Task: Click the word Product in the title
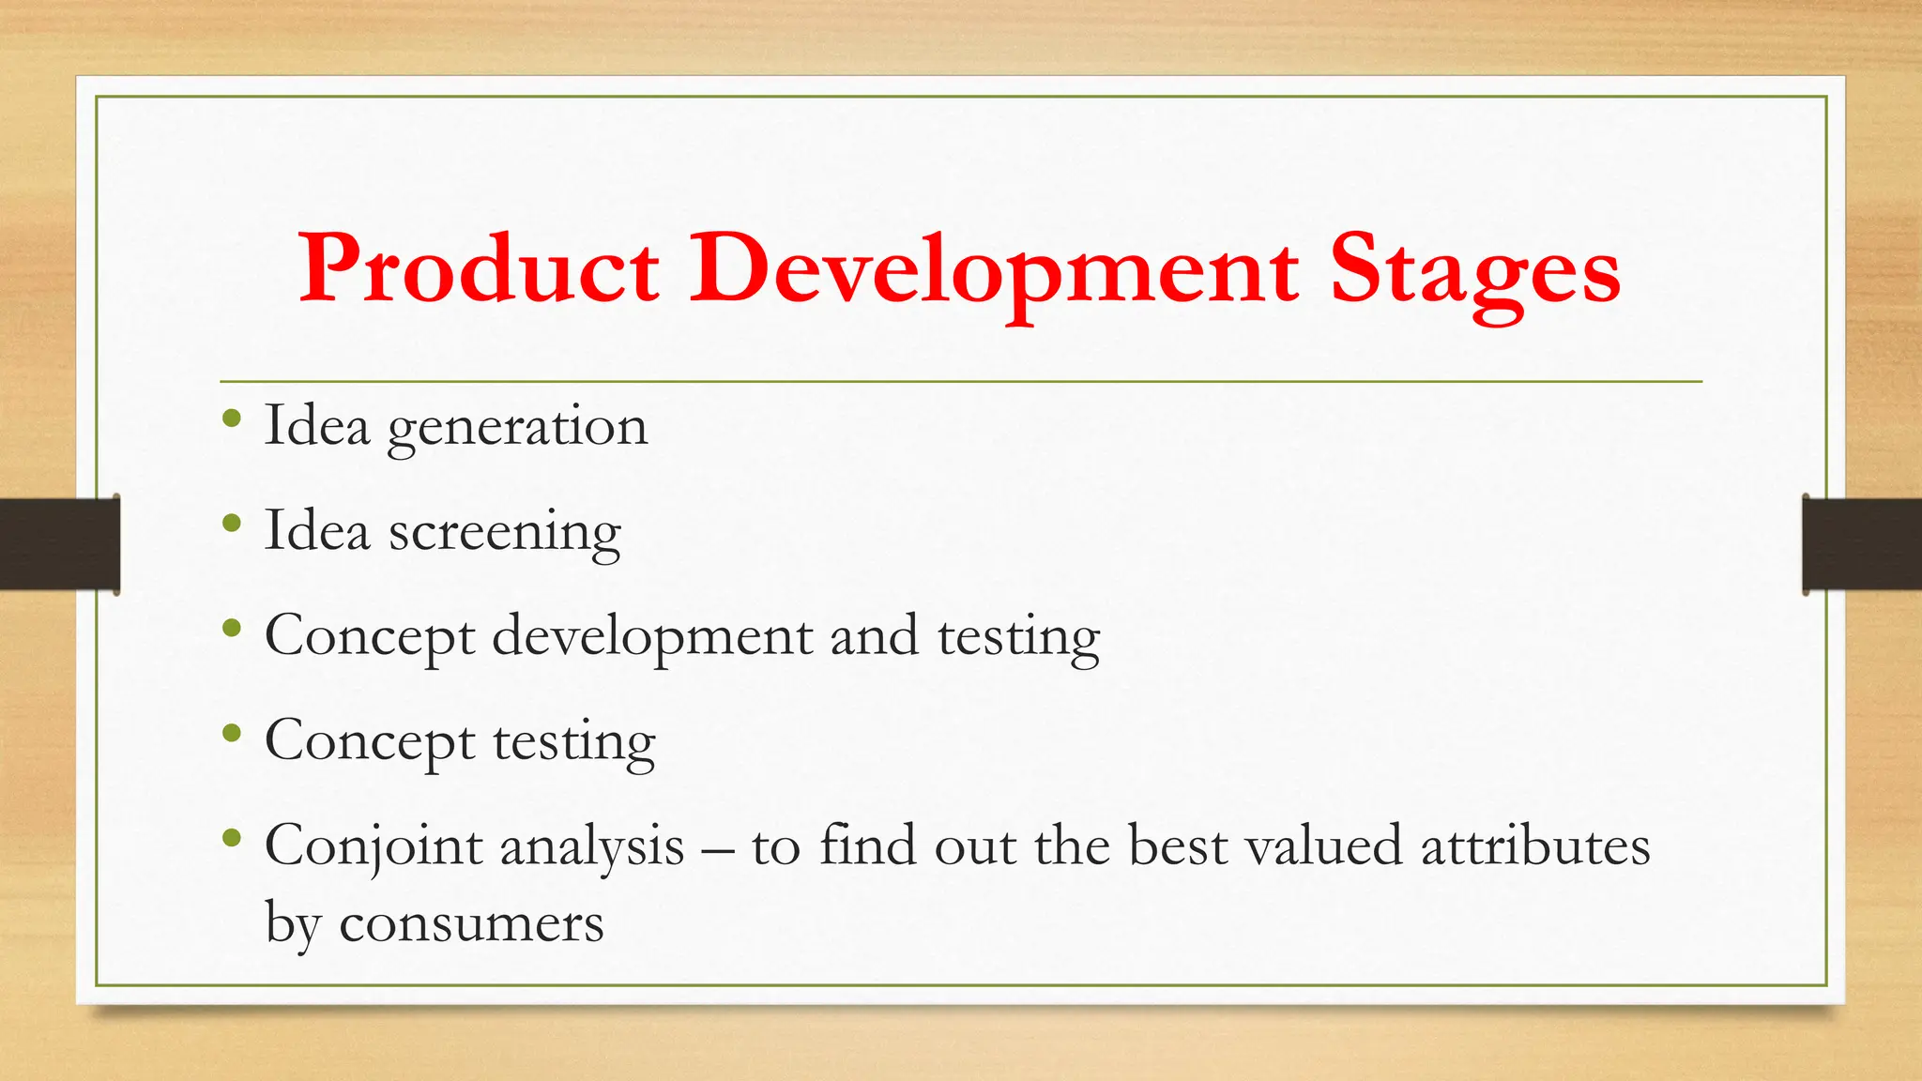479,270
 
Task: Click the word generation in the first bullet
517,428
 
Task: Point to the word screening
505,533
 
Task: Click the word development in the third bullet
652,638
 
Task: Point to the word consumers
471,923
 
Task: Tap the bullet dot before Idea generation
232,419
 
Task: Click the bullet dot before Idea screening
232,524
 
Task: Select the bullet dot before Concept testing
232,734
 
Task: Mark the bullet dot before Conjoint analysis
232,839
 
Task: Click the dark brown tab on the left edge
58,544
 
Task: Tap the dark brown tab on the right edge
1862,544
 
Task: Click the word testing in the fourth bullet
573,743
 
